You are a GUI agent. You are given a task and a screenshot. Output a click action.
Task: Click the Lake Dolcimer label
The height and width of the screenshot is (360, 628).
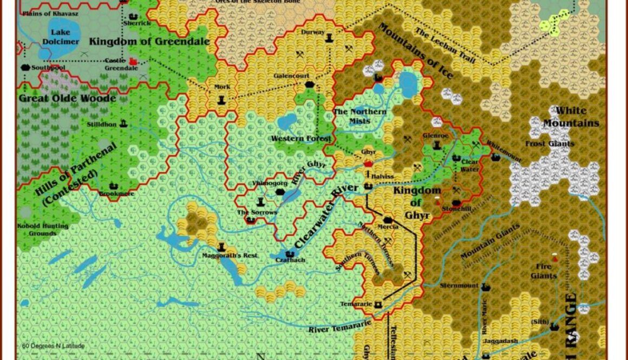coord(57,37)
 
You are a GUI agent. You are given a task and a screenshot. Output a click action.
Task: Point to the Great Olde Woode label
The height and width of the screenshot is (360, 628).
coord(67,99)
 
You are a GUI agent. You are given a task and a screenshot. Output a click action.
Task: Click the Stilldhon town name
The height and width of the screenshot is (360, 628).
coord(102,125)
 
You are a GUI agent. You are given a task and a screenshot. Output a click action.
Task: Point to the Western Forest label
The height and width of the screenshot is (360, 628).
coord(301,139)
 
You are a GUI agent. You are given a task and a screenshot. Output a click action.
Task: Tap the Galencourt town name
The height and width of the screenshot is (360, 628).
coord(291,76)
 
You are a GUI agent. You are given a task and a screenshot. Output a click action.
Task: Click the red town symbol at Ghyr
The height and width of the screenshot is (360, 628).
coord(369,163)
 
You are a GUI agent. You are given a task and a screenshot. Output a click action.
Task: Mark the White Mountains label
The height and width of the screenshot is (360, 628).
coord(571,117)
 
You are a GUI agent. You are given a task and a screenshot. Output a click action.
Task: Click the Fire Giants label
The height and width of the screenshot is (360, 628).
coord(544,271)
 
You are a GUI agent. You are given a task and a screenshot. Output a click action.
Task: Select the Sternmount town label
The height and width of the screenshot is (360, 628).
coord(459,285)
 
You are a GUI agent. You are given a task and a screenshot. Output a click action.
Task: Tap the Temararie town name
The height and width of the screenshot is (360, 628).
coord(356,304)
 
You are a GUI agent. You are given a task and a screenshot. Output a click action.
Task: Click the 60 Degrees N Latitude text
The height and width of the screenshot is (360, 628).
coord(53,346)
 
